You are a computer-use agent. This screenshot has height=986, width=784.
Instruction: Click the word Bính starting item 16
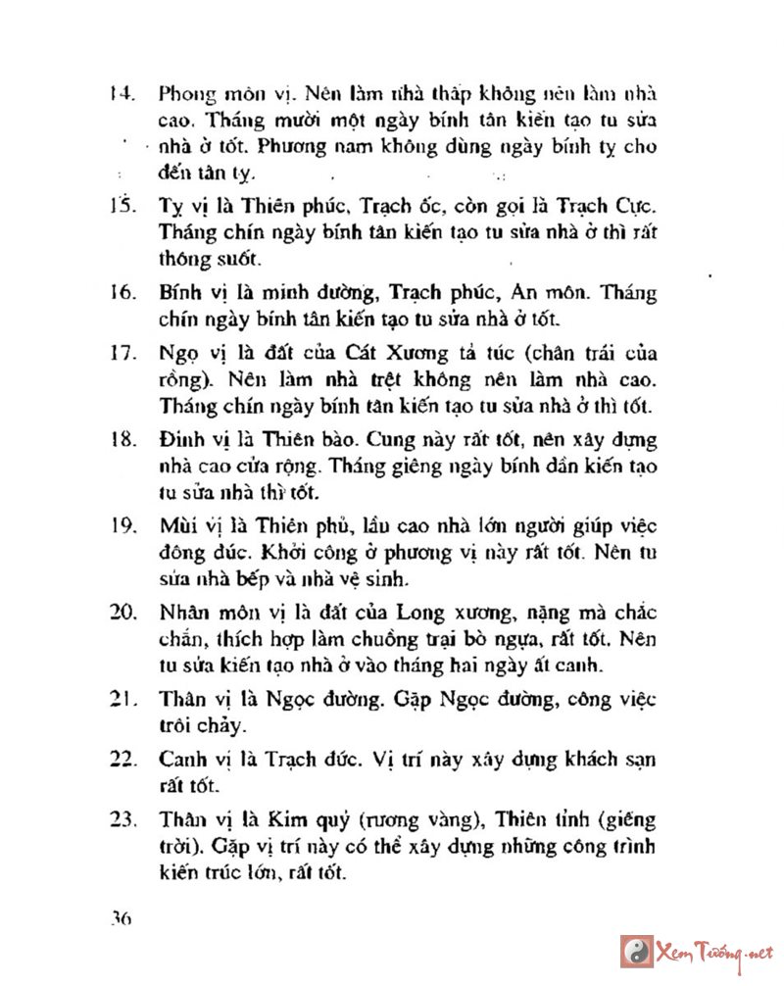tap(179, 294)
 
